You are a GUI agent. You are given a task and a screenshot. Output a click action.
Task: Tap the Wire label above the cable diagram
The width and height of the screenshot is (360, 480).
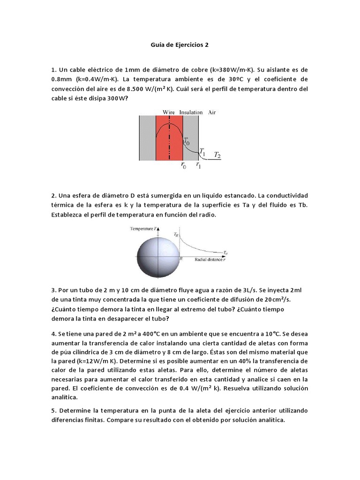(x=168, y=112)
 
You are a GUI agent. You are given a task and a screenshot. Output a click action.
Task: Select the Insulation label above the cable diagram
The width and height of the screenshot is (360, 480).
(x=191, y=112)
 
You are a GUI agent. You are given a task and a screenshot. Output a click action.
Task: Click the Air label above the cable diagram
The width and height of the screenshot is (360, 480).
(x=212, y=112)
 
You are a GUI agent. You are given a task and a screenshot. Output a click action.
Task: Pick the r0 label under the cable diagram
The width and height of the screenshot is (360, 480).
(x=183, y=165)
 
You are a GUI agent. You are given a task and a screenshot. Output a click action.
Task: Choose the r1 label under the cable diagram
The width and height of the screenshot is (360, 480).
(x=199, y=165)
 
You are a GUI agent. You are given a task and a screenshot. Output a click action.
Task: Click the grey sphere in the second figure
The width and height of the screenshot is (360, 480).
(x=158, y=257)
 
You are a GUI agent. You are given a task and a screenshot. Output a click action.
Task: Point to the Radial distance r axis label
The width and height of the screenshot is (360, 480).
(x=206, y=259)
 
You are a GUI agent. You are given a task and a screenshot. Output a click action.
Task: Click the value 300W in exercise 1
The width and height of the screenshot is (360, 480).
(x=117, y=98)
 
